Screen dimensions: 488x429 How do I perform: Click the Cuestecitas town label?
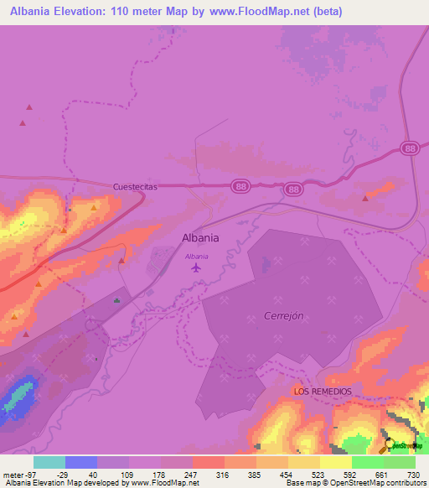tap(135, 189)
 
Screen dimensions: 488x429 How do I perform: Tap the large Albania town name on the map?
tap(200, 237)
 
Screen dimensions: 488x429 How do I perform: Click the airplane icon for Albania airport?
tap(196, 268)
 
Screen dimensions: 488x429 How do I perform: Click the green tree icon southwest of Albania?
tap(116, 300)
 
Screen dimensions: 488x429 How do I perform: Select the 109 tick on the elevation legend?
tap(128, 474)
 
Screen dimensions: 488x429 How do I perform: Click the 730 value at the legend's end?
tap(413, 474)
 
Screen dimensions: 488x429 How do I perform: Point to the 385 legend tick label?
tap(255, 474)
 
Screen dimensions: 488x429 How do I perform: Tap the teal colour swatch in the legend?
tap(49, 462)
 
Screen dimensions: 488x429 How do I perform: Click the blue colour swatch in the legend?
tap(80, 462)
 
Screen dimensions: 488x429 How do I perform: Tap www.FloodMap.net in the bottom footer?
tap(166, 483)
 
